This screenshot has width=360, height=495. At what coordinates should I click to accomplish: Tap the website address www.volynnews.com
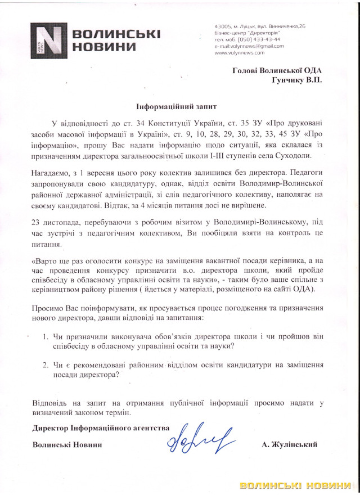pos(239,52)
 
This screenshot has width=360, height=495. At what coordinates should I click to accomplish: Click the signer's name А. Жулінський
pos(290,444)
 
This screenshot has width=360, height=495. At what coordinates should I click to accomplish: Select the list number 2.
pos(47,365)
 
